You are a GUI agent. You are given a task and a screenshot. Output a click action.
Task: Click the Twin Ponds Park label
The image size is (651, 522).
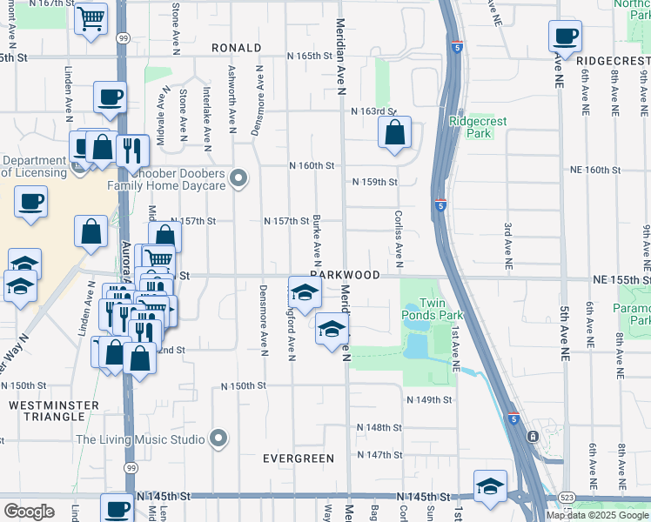tap(433, 306)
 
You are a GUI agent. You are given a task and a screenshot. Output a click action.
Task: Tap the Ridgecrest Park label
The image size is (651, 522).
tap(472, 128)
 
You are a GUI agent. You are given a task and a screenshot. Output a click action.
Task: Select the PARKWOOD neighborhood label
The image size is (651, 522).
tap(346, 275)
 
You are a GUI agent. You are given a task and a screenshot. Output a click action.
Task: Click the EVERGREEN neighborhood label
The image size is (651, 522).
tap(299, 458)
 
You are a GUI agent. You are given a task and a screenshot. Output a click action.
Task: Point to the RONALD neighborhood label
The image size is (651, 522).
tap(236, 48)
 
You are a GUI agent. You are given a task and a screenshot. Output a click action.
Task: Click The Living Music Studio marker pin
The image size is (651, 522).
tap(218, 438)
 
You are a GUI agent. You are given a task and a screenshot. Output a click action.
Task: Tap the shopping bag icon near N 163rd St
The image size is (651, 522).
tap(394, 133)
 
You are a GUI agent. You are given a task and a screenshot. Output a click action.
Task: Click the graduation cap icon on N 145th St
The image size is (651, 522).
tap(490, 487)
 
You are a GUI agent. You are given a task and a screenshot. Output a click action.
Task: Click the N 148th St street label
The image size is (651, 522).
tap(379, 428)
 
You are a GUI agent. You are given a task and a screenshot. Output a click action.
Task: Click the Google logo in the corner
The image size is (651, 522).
tap(30, 512)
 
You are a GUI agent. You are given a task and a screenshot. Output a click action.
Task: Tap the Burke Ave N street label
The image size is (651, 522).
tap(317, 241)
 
